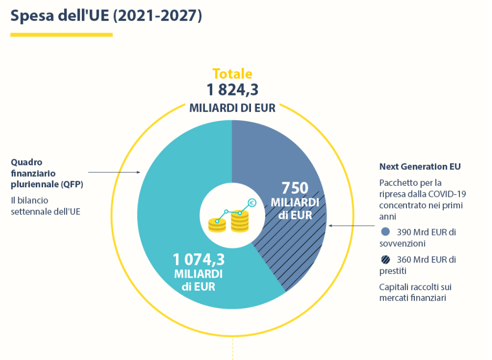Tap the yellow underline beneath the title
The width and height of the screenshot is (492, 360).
[61, 35]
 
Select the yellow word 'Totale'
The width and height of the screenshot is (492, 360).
[232, 74]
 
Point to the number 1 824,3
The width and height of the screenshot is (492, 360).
[232, 90]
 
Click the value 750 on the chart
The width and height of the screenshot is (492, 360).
[295, 188]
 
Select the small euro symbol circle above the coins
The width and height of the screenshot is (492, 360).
[252, 203]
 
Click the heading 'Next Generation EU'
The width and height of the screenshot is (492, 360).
[420, 167]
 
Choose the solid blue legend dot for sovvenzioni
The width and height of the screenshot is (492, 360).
[385, 231]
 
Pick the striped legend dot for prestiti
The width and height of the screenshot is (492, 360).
[385, 259]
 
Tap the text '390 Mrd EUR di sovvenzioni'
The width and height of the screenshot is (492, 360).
[417, 238]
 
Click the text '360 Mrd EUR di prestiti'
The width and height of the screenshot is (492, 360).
[417, 265]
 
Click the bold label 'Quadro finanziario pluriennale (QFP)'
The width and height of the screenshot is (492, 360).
[47, 173]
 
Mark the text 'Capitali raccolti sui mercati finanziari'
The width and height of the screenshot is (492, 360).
[415, 293]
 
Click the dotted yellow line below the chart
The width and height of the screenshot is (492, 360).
[232, 349]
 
